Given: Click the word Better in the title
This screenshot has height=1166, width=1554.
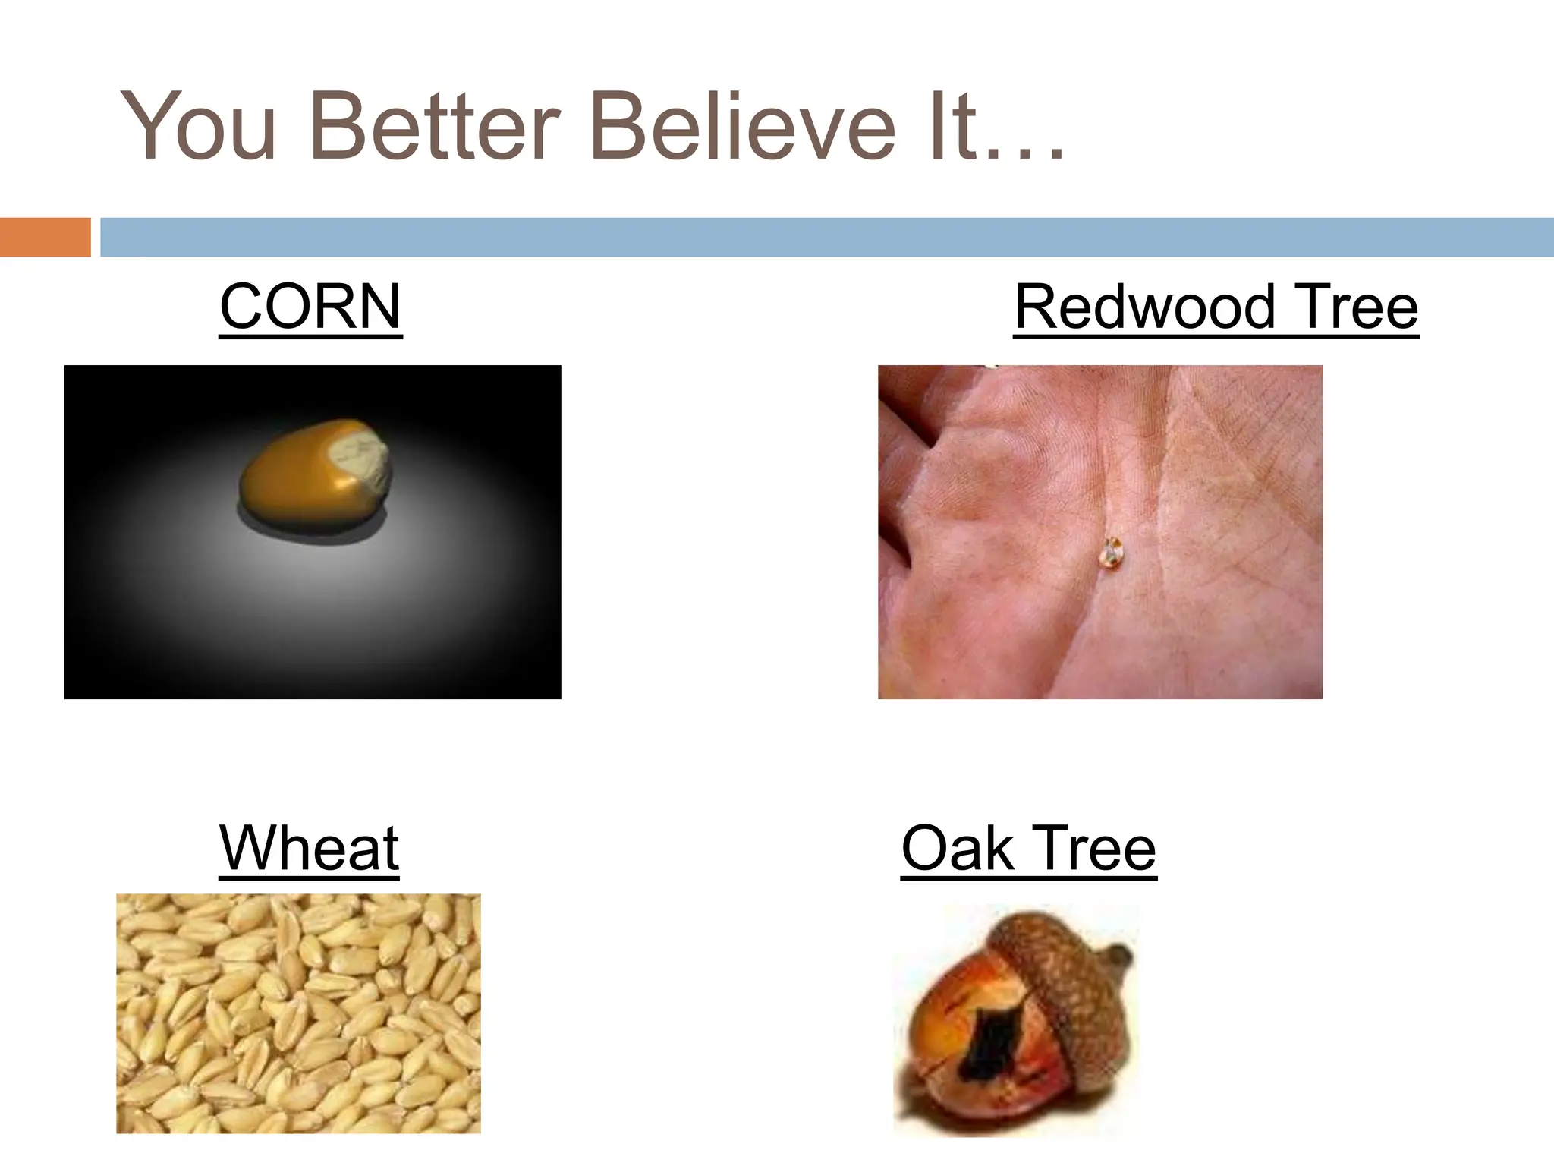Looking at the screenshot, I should pyautogui.click(x=436, y=126).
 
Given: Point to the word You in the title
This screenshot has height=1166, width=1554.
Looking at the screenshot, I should pyautogui.click(x=199, y=126).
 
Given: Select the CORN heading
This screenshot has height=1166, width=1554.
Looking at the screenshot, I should pyautogui.click(x=310, y=307).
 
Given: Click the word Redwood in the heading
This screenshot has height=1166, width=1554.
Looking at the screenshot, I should pyautogui.click(x=1144, y=307).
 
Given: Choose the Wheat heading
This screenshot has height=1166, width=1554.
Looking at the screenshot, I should pyautogui.click(x=309, y=848).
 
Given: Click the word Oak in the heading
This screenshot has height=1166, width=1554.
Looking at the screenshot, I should pyautogui.click(x=958, y=848).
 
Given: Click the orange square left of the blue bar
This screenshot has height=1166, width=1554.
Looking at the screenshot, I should pyautogui.click(x=45, y=237).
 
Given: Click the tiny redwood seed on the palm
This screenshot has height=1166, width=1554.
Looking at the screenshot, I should pyautogui.click(x=1111, y=553).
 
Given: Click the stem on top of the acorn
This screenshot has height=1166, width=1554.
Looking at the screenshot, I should pyautogui.click(x=1121, y=957).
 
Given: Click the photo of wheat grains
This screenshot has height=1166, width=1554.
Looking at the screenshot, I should pyautogui.click(x=298, y=1013).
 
